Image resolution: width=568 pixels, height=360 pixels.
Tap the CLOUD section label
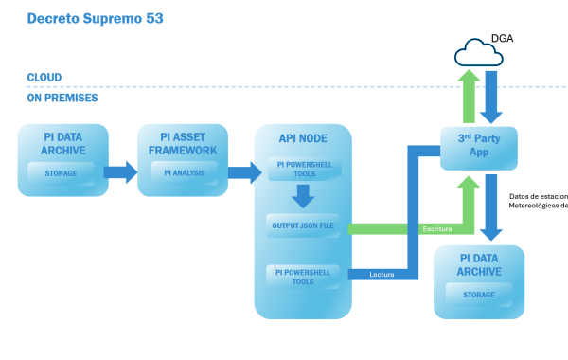click(44, 78)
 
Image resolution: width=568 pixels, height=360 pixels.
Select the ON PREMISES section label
click(62, 98)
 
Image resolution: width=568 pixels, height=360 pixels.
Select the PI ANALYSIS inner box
click(184, 171)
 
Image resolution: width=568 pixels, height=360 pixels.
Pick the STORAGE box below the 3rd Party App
click(478, 295)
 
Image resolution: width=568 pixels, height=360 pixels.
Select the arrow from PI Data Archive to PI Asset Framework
click(119, 172)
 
